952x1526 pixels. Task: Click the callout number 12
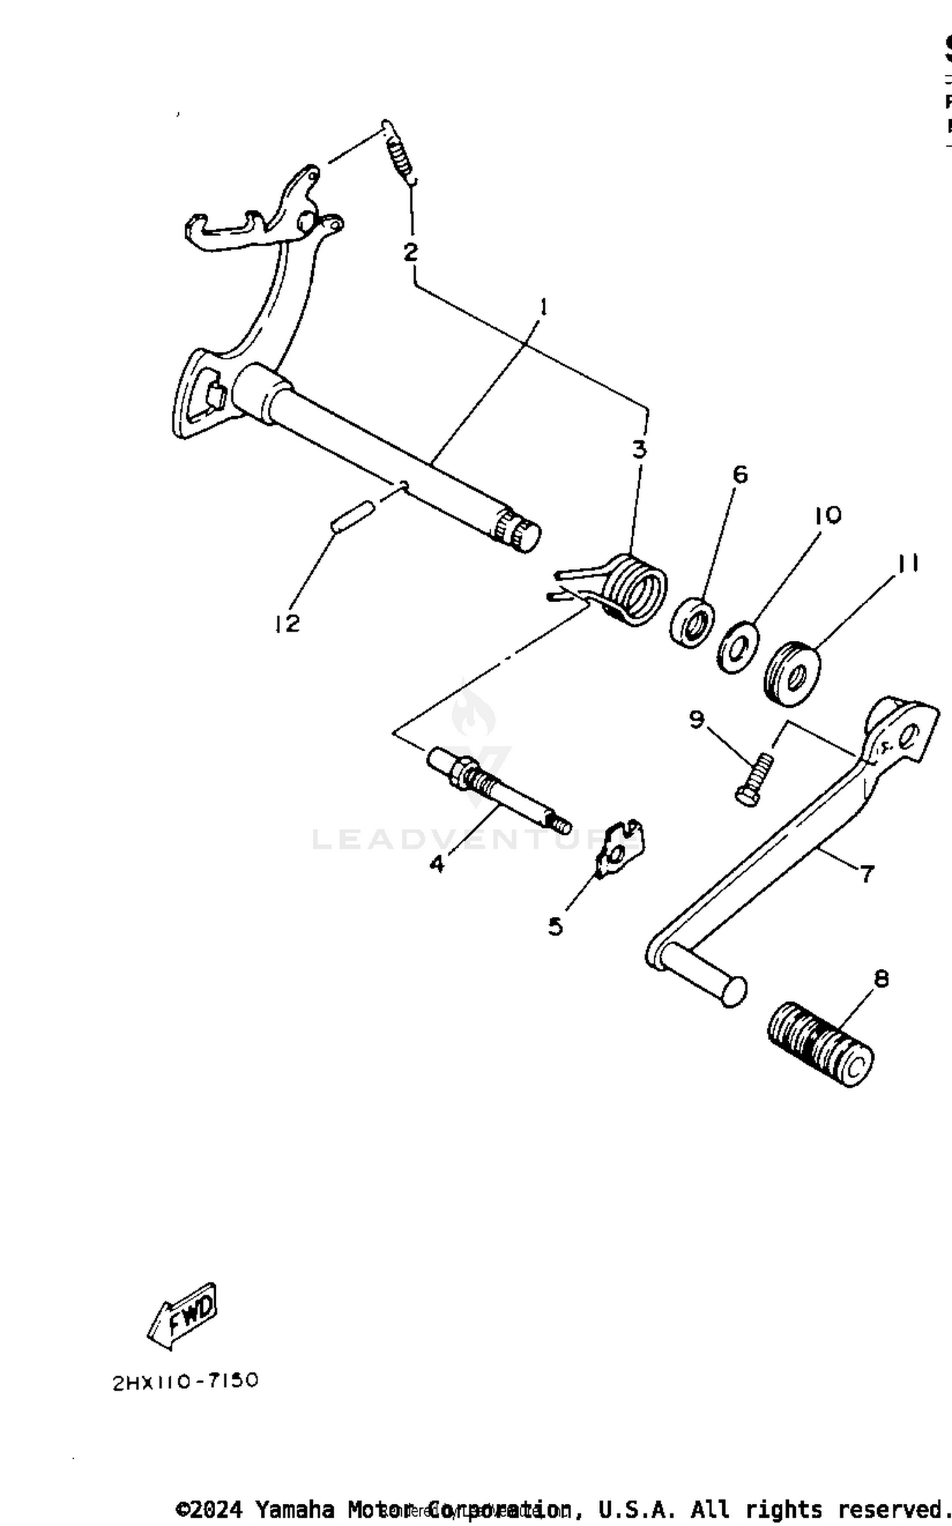(287, 624)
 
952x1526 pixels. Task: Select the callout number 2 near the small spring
(411, 252)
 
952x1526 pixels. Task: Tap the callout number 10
(828, 515)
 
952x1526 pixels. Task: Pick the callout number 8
(882, 979)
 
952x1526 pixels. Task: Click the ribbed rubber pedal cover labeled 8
(819, 1044)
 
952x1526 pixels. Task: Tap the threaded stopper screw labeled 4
(498, 789)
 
